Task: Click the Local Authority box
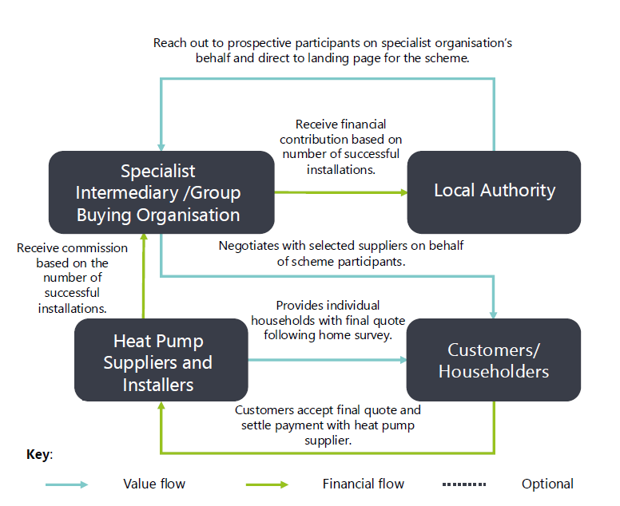point(494,191)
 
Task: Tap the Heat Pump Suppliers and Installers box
point(160,362)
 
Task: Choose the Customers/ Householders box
point(493,361)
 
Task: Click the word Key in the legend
point(38,455)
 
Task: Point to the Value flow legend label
point(154,484)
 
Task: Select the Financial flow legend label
point(364,484)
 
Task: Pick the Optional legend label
point(547,484)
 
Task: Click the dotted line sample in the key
point(463,484)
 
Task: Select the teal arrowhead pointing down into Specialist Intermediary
point(161,146)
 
